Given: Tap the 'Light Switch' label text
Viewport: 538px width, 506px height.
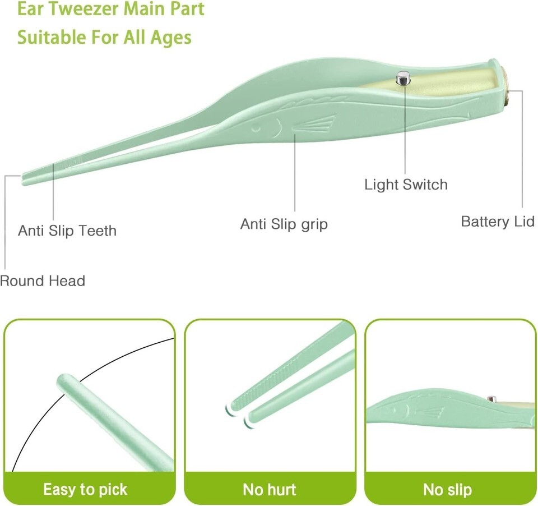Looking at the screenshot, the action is click(406, 185).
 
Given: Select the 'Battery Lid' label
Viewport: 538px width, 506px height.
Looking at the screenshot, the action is click(498, 222).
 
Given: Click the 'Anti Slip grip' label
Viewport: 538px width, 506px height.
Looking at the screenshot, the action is click(284, 224).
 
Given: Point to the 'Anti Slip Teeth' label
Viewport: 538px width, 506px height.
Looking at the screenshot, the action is click(67, 231).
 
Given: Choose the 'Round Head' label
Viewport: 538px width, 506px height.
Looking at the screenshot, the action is click(43, 281).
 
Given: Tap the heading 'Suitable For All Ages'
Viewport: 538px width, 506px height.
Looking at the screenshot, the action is click(104, 38).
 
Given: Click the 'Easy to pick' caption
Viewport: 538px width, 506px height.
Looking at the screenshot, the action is click(85, 489).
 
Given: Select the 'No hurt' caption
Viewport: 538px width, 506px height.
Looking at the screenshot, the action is click(270, 490).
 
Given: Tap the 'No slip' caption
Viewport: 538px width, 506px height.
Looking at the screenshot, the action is click(447, 490).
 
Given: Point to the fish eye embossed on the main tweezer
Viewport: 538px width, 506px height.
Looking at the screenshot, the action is click(256, 128).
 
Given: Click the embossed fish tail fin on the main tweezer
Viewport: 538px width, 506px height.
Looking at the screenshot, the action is click(314, 124).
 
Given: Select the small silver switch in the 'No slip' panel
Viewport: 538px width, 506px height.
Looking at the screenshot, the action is click(491, 399).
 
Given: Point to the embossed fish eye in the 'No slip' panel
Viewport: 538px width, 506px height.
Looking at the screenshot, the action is click(392, 409).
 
